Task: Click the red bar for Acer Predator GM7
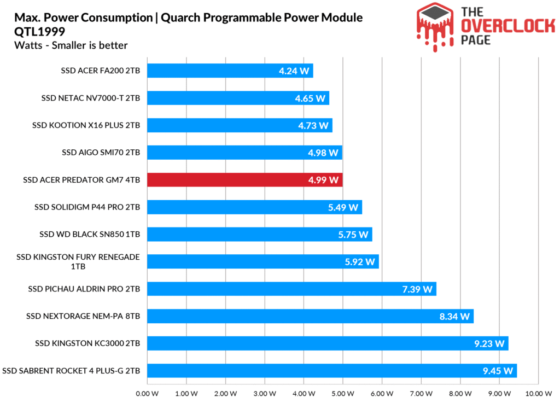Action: point(244,180)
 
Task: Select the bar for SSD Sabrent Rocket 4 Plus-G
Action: point(331,371)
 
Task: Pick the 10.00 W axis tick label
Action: point(539,393)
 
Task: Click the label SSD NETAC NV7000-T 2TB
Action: point(91,98)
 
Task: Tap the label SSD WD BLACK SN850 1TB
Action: point(90,234)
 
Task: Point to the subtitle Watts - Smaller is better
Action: point(71,45)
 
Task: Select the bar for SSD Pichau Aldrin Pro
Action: point(291,289)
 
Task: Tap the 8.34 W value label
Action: point(454,317)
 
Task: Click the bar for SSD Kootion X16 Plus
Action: point(239,125)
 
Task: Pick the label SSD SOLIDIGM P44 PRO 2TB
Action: point(87,207)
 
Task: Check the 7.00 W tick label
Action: point(421,393)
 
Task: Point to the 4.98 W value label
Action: point(323,153)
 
